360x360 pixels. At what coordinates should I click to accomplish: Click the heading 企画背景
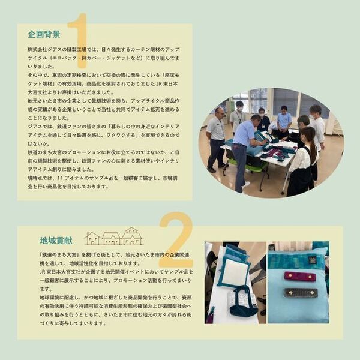(44, 34)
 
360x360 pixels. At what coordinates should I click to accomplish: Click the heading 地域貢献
(56, 240)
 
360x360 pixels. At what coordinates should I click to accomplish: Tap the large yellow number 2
(176, 239)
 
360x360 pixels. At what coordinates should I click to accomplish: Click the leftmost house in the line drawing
(92, 238)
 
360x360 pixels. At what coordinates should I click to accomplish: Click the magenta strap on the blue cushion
(299, 277)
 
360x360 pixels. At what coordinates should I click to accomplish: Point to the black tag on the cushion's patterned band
(313, 259)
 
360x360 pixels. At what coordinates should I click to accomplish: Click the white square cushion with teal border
(235, 273)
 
